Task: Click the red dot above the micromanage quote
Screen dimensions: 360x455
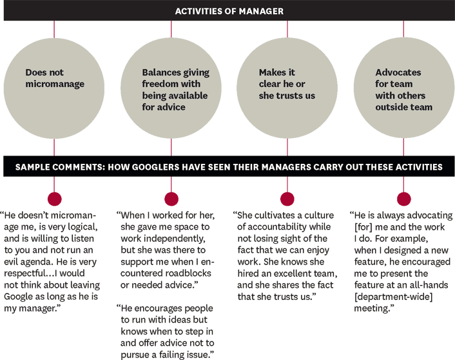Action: (x=55, y=199)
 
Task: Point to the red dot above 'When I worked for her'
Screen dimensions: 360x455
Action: (x=171, y=199)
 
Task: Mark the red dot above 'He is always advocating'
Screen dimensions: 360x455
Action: (x=403, y=199)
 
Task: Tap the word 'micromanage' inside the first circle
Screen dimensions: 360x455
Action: (x=55, y=84)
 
